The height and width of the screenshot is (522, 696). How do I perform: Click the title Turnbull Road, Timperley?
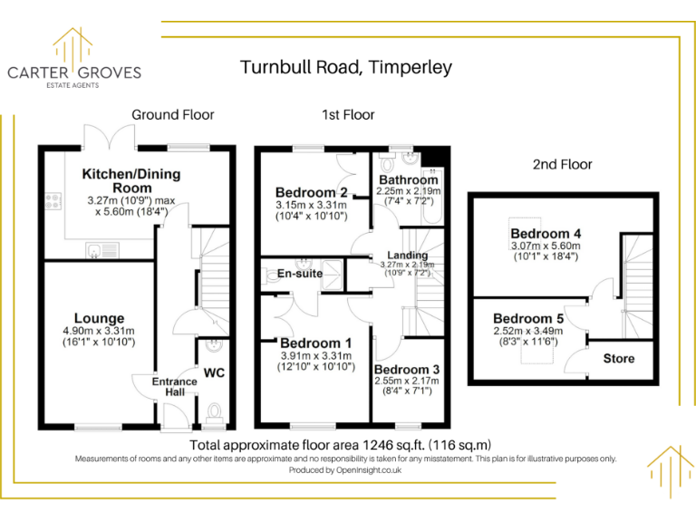345,67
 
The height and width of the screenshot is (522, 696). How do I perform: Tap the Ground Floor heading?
173,115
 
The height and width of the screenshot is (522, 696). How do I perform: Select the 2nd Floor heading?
562,164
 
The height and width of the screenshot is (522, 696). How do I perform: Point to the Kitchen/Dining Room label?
131,180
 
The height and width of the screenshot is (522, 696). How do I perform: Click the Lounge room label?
99,318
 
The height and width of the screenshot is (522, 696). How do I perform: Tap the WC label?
214,372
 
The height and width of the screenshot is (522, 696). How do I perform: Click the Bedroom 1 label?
316,343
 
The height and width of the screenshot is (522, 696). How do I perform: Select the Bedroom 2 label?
312,192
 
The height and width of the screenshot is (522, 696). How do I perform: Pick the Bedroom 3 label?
407,370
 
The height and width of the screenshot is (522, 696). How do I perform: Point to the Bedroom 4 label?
546,234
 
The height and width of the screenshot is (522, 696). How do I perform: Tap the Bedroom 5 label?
528,319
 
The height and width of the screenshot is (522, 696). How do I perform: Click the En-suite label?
300,273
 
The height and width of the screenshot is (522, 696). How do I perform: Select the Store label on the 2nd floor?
619,359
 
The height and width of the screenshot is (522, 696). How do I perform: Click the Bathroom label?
408,179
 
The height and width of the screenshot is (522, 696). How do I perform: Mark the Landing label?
407,256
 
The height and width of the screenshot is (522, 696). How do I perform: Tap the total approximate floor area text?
340,445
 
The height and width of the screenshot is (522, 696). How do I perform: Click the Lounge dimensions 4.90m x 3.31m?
99,332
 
